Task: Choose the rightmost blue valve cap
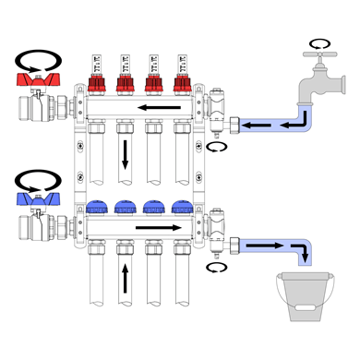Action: tap(181, 206)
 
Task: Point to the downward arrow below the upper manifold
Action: tap(124, 153)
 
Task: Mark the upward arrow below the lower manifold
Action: tap(124, 277)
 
